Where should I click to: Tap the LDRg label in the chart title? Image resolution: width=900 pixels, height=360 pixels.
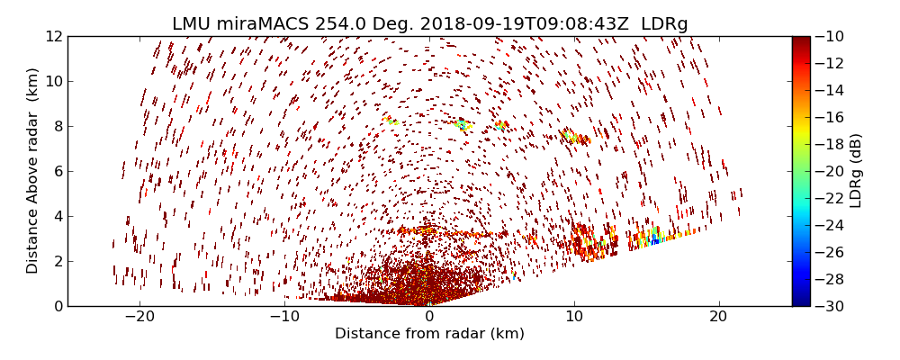pos(664,24)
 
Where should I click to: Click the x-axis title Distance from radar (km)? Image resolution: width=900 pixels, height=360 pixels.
pos(429,334)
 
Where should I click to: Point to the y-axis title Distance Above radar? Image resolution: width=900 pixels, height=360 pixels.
pos(33,171)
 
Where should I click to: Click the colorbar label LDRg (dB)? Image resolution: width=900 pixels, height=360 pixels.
pos(856,171)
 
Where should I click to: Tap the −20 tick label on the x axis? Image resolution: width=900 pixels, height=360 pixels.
pos(139,317)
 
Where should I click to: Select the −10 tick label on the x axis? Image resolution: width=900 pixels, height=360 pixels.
pos(284,317)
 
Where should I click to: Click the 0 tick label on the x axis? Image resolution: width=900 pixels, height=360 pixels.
pos(429,317)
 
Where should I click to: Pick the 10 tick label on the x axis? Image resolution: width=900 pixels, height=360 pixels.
pos(574,317)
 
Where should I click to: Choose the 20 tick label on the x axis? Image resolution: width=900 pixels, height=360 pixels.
pos(718,317)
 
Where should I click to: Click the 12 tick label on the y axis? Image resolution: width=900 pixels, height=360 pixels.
pos(53,36)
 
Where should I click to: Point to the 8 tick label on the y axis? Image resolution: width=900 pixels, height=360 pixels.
pos(57,126)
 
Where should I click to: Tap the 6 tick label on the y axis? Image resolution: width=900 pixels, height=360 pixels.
pos(57,171)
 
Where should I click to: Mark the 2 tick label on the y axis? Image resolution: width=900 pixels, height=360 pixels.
pos(57,261)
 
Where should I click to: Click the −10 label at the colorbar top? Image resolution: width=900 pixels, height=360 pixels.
pos(830,36)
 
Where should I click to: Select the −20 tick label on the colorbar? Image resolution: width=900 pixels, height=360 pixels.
pos(830,171)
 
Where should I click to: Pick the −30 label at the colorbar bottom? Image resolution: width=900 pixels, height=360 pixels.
pos(830,306)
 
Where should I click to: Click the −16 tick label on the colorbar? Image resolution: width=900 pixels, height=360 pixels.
pos(830,117)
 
